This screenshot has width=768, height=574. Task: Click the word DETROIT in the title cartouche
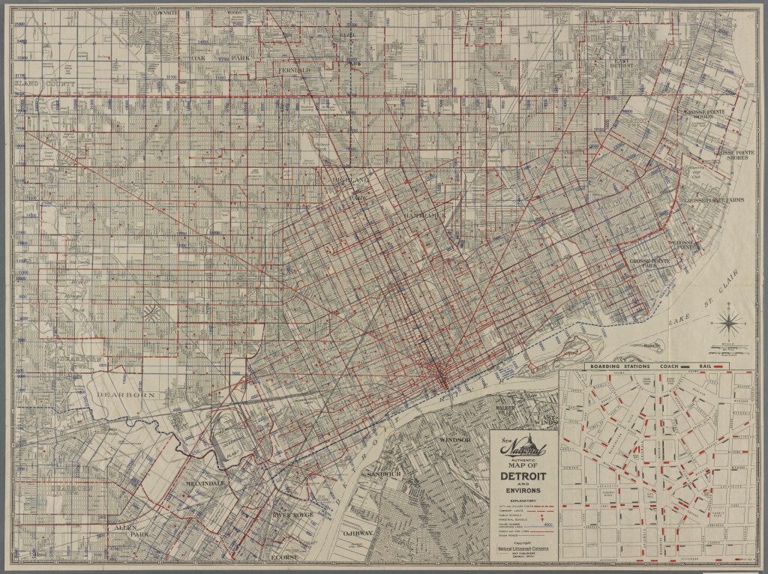(523, 477)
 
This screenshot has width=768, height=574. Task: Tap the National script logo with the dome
(523, 448)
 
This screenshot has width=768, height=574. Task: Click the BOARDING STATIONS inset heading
(613, 366)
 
